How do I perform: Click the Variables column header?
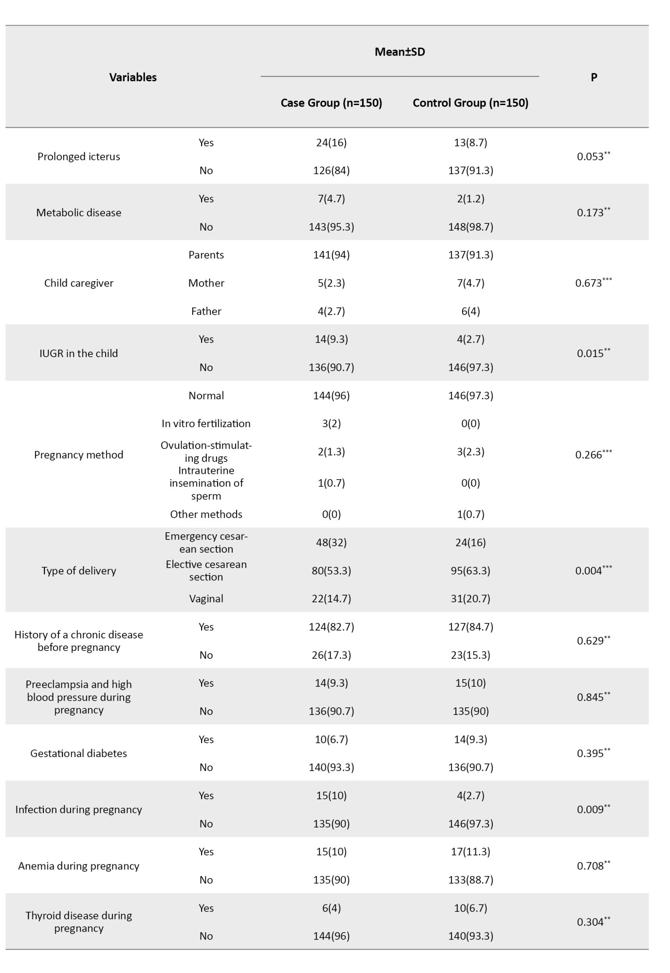point(133,77)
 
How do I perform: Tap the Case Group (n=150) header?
point(331,103)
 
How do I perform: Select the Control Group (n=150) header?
point(470,103)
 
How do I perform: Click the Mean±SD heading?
point(400,52)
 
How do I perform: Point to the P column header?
point(594,77)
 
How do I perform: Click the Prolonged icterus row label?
point(79,157)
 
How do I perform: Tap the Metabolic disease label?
point(79,213)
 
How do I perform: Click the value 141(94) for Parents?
point(331,255)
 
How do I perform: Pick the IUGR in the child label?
point(79,353)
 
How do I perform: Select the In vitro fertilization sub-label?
point(206,424)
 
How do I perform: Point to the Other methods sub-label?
point(206,514)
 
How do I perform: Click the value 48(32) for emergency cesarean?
point(331,542)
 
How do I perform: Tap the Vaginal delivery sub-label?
point(206,599)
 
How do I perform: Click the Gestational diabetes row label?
point(79,754)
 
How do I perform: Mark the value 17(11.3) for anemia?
point(470,852)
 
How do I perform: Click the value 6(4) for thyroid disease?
point(331,908)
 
